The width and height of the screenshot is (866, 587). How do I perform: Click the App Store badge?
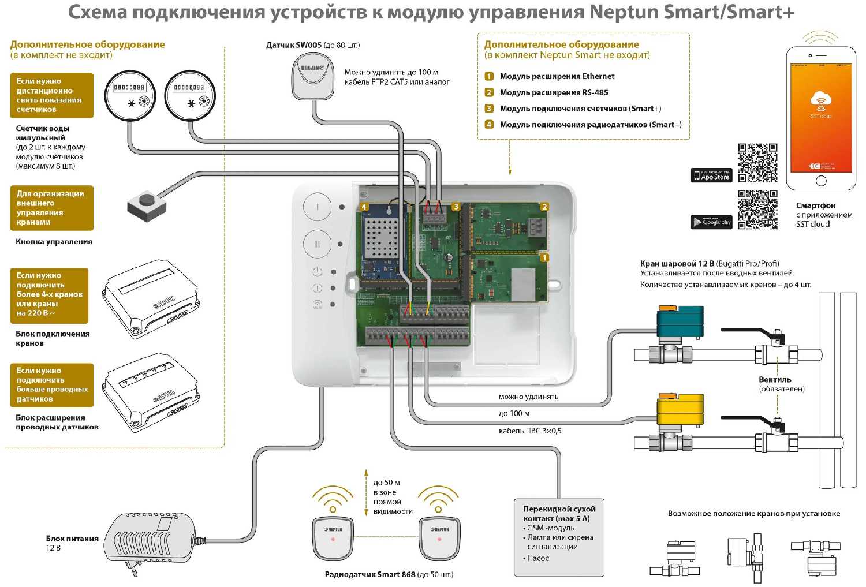click(711, 175)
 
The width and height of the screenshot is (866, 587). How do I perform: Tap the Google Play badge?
click(711, 222)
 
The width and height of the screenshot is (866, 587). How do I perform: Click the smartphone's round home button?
click(821, 181)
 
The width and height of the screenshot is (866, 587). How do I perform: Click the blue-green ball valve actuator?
click(680, 320)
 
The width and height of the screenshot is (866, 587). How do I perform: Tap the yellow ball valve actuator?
click(680, 410)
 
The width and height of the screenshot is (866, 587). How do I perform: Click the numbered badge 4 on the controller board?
click(364, 207)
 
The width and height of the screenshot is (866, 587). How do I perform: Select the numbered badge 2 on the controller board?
click(544, 207)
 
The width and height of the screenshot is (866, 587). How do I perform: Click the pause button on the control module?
click(317, 244)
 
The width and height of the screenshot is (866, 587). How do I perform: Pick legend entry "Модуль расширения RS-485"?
click(554, 92)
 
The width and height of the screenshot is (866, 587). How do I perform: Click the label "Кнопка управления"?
click(54, 242)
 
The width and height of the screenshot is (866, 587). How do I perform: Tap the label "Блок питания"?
click(72, 539)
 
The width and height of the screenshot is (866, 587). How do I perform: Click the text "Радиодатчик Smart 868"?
click(370, 574)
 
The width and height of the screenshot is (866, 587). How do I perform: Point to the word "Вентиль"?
click(775, 380)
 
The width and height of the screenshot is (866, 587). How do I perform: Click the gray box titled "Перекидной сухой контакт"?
click(559, 537)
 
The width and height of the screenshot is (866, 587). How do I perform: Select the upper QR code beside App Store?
click(757, 163)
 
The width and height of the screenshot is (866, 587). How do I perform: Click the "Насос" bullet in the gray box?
click(537, 558)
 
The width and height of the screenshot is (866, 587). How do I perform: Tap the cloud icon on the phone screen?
click(820, 99)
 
